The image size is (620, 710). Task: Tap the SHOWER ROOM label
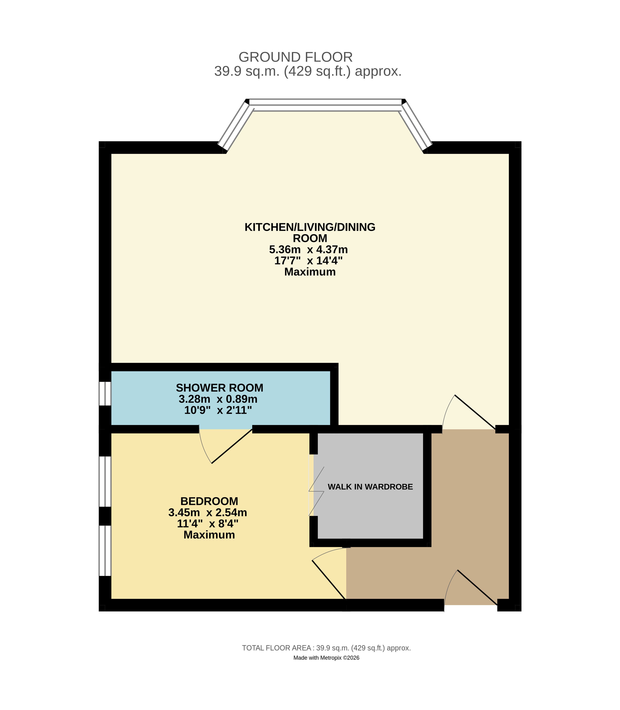[x=220, y=388]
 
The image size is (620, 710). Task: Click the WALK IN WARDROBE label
[x=370, y=487]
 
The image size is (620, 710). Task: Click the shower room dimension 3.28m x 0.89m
[x=218, y=399]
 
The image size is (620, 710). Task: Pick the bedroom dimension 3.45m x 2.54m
[x=208, y=512]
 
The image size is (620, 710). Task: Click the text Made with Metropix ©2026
[x=326, y=658]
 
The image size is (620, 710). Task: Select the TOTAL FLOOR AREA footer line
[x=326, y=648]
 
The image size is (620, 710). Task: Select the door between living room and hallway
[x=475, y=412]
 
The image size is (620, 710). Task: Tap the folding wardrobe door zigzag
[x=316, y=491]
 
